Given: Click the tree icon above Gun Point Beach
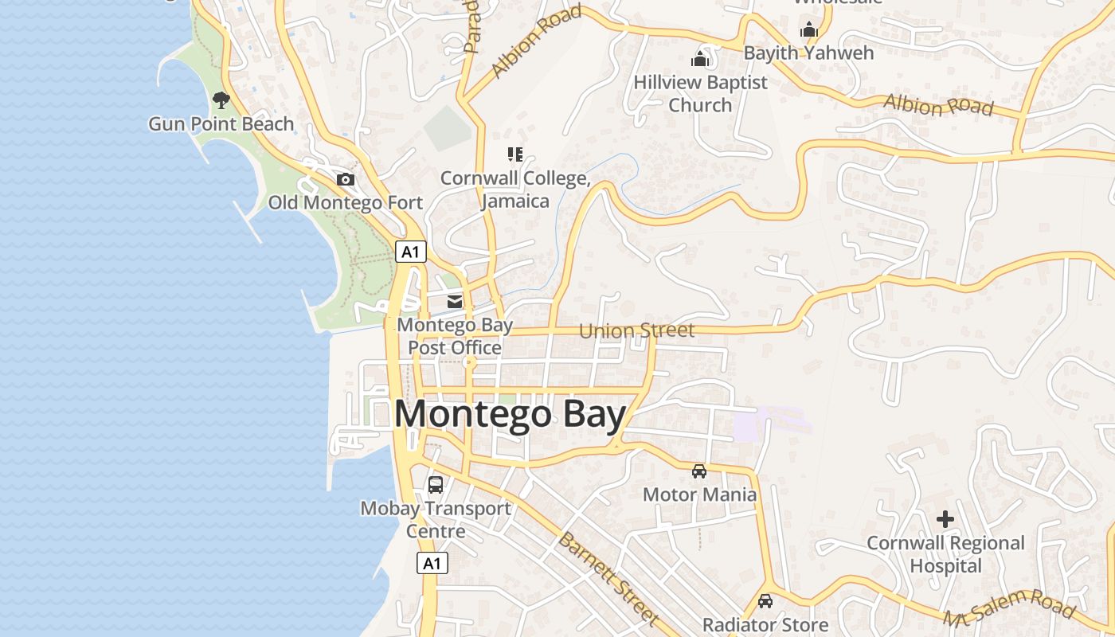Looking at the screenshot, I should coord(221,100).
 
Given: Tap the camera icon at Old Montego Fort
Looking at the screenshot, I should coord(346,179).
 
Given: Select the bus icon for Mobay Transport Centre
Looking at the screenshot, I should coord(436,484).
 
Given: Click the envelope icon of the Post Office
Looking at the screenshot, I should coord(455,301).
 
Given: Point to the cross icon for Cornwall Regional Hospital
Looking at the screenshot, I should coord(945,519).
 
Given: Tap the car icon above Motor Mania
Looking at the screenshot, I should coord(699,471).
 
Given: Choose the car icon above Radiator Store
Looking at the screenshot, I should coord(765,601).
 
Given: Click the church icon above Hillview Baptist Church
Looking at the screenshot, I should coord(700,58).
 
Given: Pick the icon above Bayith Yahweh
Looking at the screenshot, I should coord(809,29).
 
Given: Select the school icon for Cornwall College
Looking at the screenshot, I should coord(515,154).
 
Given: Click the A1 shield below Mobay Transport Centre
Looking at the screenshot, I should coord(432,563).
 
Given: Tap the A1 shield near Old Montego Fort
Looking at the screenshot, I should coord(410,252).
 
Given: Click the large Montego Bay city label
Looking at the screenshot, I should coord(510,416).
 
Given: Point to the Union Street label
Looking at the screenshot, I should coord(637,330).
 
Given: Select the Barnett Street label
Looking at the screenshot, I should coord(608,579).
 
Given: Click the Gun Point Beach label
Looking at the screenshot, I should coord(221,124).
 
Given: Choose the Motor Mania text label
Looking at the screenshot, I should coord(699,494).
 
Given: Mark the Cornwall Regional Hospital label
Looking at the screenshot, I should coord(945,554).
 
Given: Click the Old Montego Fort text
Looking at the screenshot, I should coord(345,202).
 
